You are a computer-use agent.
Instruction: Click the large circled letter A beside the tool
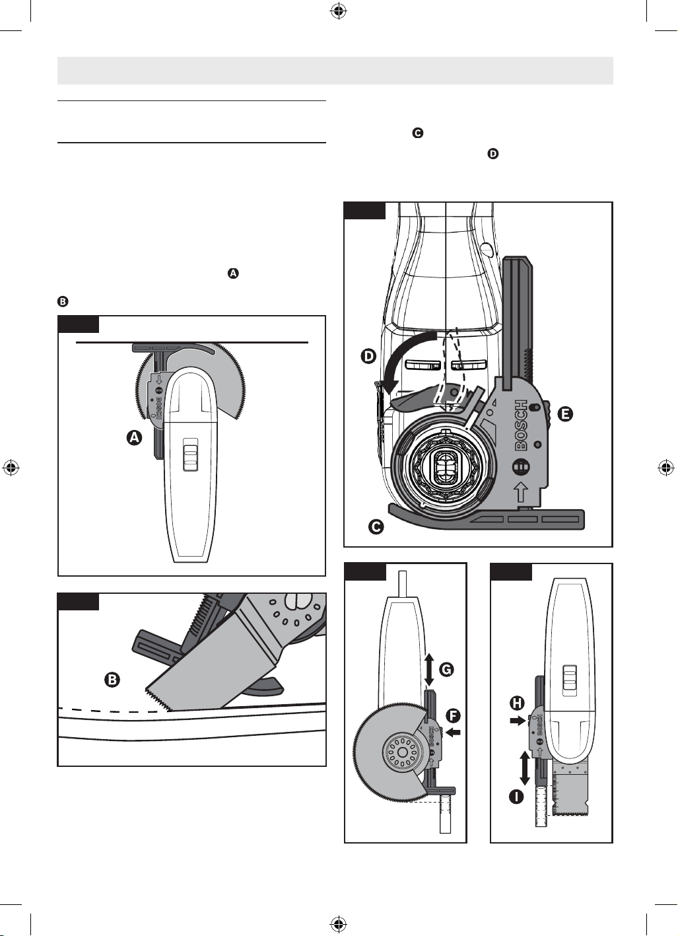(x=134, y=438)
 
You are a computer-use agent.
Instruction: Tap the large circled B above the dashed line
(x=112, y=680)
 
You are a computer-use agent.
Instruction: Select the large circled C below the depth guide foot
(x=376, y=527)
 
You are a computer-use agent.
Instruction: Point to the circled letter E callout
(x=565, y=414)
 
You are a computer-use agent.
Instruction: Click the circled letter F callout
(x=453, y=716)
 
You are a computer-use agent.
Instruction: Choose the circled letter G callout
(x=446, y=670)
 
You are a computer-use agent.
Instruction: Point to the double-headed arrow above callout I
(x=525, y=768)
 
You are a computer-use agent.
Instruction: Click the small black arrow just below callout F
(x=454, y=732)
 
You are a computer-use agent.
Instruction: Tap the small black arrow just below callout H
(x=517, y=721)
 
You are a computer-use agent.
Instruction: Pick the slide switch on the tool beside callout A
(x=191, y=455)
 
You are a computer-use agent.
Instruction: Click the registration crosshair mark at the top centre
(x=339, y=11)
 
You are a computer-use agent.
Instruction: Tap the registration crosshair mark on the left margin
(x=11, y=468)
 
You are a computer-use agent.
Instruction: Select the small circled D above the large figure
(x=493, y=154)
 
